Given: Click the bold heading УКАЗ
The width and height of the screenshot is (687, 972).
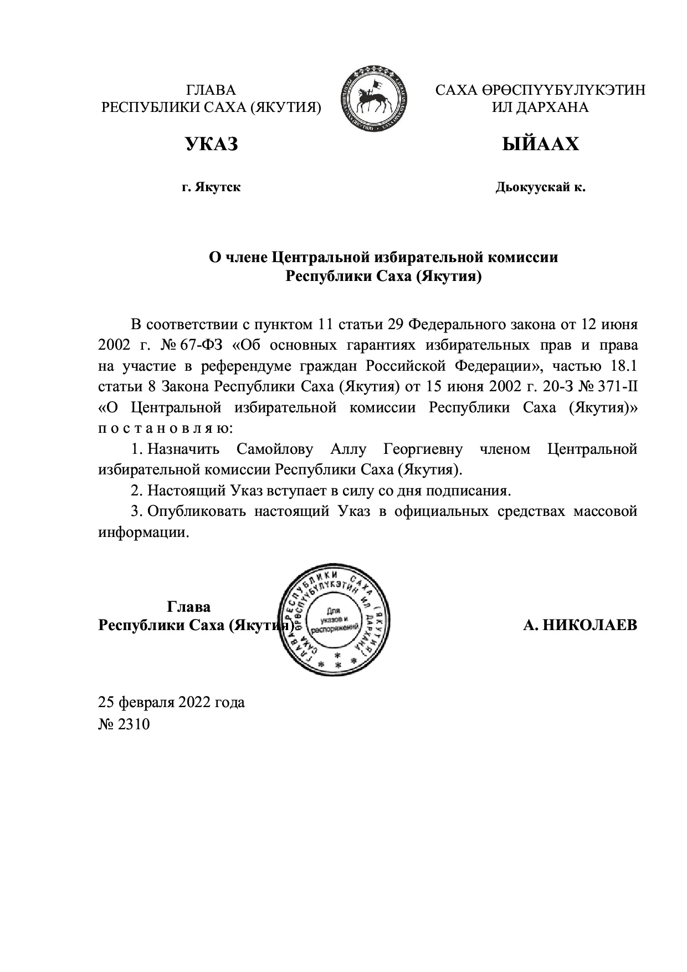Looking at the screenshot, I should (x=211, y=145).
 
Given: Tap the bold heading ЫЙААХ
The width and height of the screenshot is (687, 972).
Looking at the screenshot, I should (x=540, y=145).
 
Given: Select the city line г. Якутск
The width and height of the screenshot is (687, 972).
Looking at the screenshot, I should (x=211, y=188).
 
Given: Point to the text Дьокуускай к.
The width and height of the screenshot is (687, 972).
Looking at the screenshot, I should (x=540, y=188).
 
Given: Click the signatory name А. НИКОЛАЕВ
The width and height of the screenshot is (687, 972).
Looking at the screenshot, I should (x=580, y=625).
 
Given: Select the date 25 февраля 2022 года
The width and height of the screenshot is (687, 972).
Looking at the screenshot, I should (x=171, y=703).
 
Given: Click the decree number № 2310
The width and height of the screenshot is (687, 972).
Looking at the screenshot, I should (x=124, y=724).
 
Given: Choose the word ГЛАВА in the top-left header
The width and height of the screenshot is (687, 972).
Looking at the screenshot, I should (x=211, y=90).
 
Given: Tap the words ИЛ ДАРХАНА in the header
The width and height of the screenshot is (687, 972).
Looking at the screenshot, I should (x=540, y=107).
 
